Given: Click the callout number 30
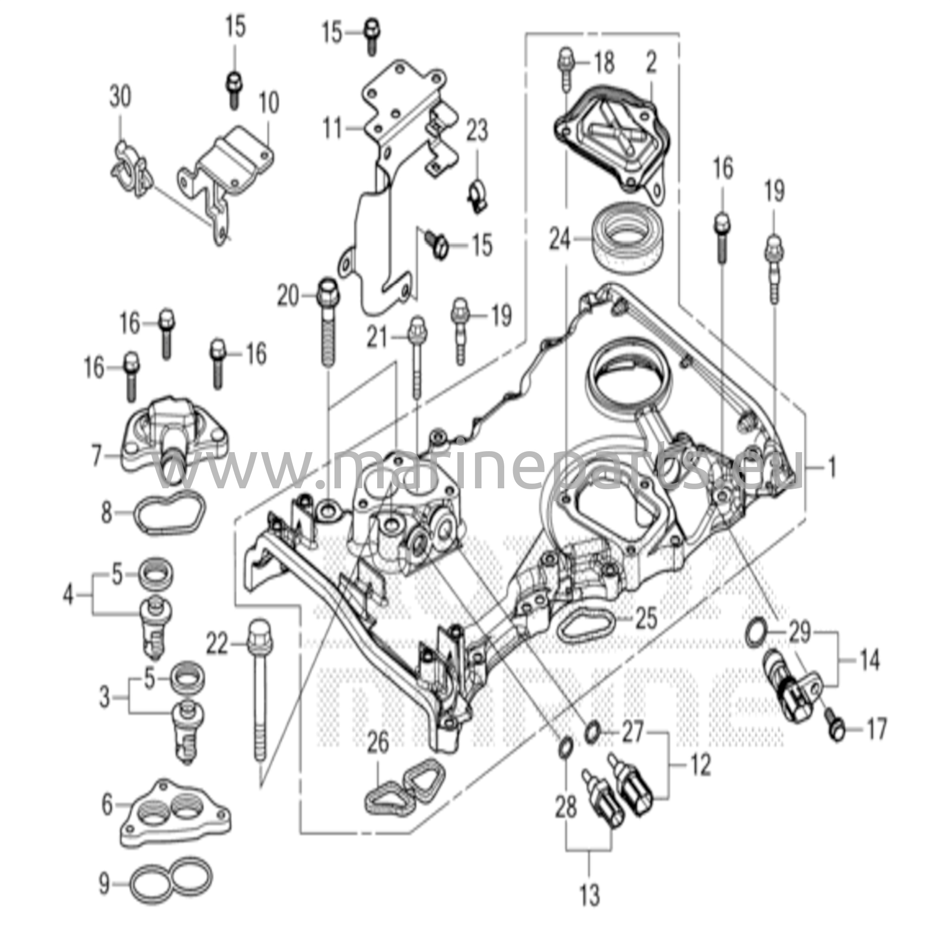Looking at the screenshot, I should click(x=121, y=96).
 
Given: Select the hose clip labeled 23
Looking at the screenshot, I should click(x=477, y=194).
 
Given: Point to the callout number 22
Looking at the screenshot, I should click(x=217, y=643).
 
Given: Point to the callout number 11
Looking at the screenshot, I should click(x=334, y=128).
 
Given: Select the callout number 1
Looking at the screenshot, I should click(x=832, y=468).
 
